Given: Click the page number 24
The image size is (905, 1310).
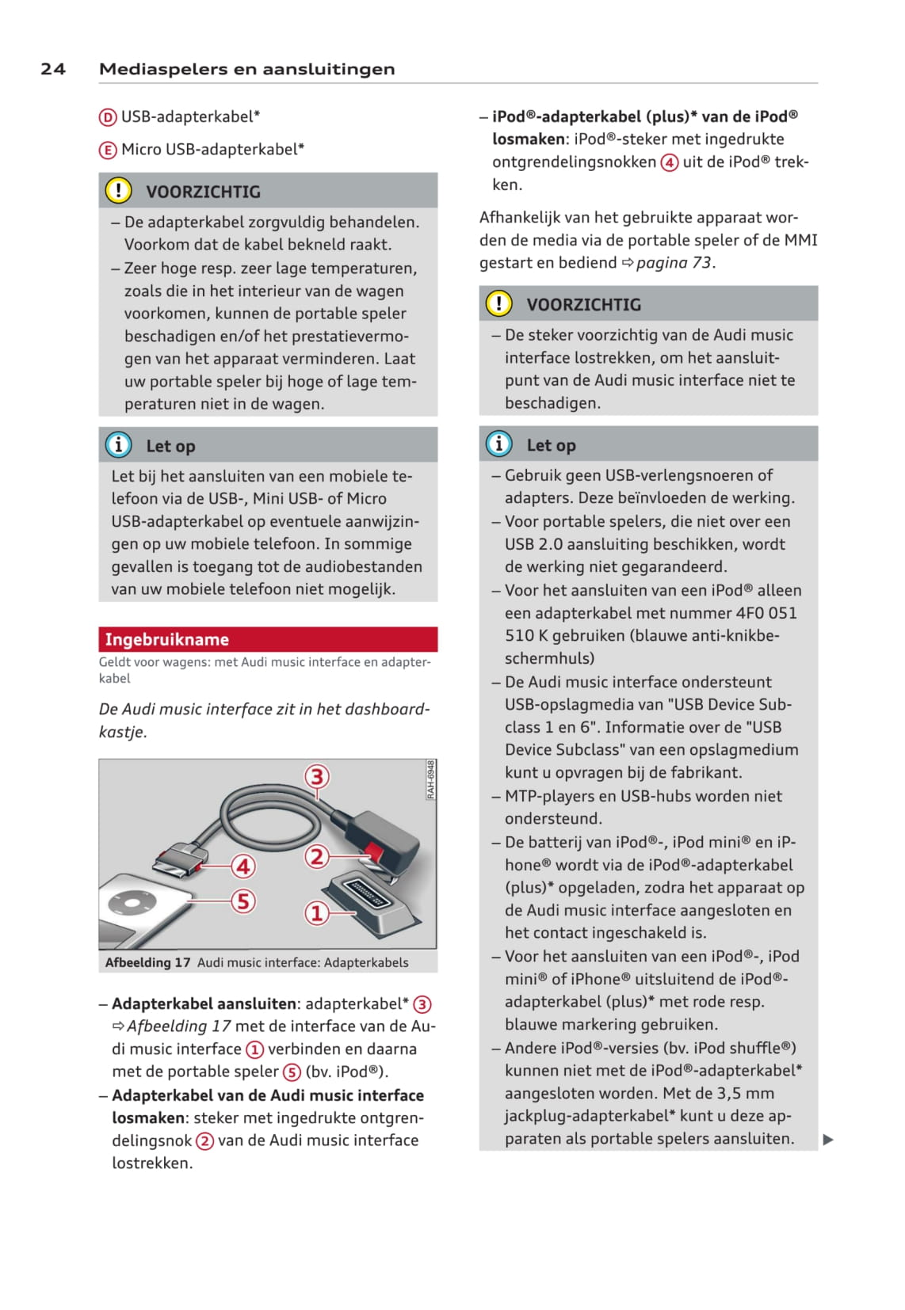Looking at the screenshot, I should click(x=53, y=69).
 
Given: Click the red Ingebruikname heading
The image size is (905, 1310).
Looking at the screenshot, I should click(x=167, y=639).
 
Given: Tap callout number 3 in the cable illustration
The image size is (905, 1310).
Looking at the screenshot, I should click(x=317, y=776).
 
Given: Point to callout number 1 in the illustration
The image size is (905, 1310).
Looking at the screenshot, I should click(x=317, y=913).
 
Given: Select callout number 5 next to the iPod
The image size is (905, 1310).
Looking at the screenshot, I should click(x=243, y=901).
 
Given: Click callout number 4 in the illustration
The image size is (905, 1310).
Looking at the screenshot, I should click(x=243, y=866).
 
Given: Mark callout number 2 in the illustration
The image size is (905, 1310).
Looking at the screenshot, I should click(x=317, y=856).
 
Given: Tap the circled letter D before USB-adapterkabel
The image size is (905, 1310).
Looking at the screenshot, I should click(x=108, y=117).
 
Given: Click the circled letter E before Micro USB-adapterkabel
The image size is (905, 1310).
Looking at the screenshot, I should click(x=108, y=150).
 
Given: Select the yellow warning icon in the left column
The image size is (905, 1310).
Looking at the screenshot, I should click(x=118, y=191).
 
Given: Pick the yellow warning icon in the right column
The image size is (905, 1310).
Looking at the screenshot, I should click(x=498, y=303).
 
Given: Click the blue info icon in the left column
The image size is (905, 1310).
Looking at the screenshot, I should click(x=118, y=445).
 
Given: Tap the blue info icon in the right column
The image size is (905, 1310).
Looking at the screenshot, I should click(x=498, y=444).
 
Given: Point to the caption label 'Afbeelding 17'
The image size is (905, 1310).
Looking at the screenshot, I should click(x=148, y=962).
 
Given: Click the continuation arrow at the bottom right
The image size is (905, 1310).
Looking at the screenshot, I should click(x=828, y=1140).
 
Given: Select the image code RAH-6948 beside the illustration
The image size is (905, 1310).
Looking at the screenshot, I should click(x=430, y=780).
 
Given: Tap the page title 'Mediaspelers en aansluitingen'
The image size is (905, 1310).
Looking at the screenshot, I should click(x=246, y=69).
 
